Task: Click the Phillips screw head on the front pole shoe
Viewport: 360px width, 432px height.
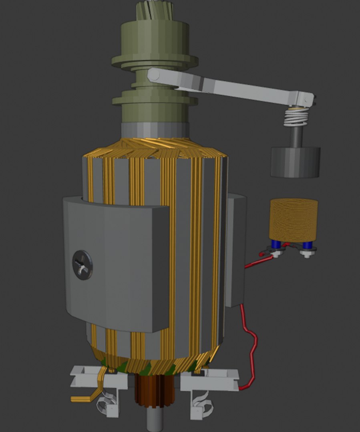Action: click(82, 265)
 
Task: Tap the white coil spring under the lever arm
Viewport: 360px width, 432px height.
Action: click(296, 118)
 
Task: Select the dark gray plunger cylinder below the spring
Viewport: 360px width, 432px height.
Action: click(295, 162)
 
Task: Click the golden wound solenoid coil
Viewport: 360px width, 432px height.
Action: click(294, 220)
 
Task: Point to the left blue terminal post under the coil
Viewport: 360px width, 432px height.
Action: click(276, 244)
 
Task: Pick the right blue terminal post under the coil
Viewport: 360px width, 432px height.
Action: click(307, 245)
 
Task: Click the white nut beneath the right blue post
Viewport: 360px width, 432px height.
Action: click(308, 253)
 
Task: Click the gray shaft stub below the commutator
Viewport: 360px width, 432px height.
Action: click(155, 420)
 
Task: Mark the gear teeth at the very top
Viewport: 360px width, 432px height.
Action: click(155, 10)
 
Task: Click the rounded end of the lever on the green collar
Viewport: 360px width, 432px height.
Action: click(154, 75)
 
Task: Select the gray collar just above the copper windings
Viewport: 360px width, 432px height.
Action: click(155, 130)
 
